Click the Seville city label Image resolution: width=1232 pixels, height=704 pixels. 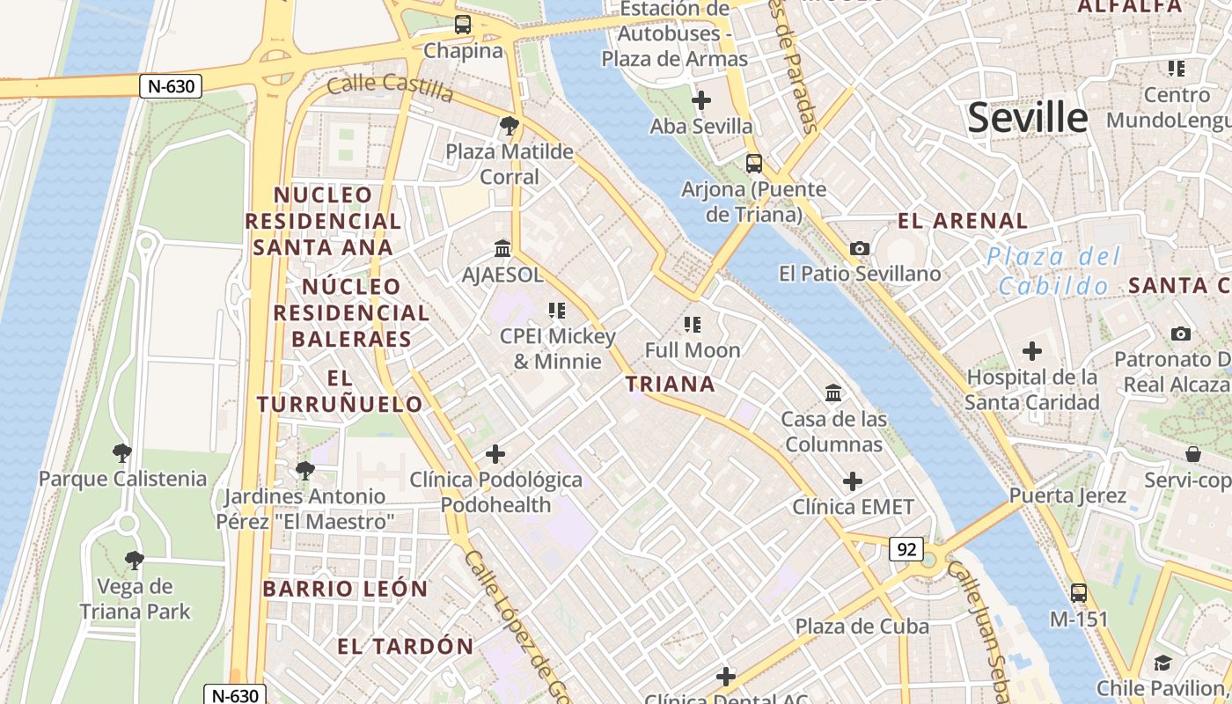pos(1028,118)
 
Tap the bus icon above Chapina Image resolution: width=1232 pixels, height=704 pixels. pos(463,25)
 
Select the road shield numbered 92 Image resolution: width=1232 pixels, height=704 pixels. pos(906,550)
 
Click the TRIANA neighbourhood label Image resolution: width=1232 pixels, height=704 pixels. pos(670,384)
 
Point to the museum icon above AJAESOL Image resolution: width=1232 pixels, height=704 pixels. pos(502,249)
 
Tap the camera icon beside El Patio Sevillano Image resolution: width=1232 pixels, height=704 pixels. pos(860,249)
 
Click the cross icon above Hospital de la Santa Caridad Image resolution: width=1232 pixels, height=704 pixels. pos(1031,352)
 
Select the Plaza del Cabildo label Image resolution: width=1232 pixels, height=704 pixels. pos(1053,271)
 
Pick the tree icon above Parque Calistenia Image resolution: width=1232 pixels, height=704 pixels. pos(122,453)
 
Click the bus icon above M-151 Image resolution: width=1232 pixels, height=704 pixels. pos(1079,593)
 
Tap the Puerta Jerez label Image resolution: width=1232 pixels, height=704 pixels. pos(1067,495)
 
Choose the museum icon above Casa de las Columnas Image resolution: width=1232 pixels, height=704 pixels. pos(833,392)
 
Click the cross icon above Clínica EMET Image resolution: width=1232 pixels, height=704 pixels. pos(852,481)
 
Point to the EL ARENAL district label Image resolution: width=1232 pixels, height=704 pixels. pos(962,221)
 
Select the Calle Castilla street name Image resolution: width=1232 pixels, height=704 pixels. pos(389,87)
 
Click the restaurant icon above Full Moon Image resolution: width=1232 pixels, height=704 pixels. pos(693,325)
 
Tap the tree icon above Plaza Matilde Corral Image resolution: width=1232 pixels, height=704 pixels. pos(509,126)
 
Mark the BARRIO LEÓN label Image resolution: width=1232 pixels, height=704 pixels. pos(345,589)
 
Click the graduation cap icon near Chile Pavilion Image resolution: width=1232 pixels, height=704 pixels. pos(1162,663)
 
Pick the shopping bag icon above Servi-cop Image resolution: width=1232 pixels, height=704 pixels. pos(1193,454)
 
